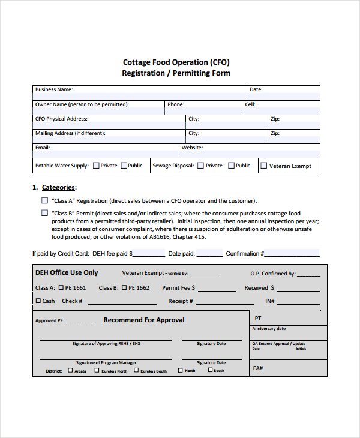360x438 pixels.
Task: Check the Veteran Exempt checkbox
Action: (x=263, y=166)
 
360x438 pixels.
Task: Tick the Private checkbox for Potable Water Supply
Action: (x=95, y=166)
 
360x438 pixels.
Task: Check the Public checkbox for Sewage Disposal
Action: (x=230, y=166)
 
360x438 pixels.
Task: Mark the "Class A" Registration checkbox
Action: (x=44, y=201)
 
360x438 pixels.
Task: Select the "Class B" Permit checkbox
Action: (x=44, y=213)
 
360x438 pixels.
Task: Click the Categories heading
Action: (x=58, y=187)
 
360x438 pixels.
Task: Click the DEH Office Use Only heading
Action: (x=67, y=273)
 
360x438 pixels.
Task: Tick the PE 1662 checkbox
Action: (x=124, y=288)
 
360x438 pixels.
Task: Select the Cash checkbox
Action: (x=38, y=301)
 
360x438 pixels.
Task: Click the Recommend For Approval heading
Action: (x=144, y=320)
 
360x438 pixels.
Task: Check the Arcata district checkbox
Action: (x=70, y=370)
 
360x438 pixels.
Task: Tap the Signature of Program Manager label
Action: (x=106, y=363)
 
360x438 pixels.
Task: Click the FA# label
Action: (x=258, y=368)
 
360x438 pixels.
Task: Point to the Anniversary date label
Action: (x=269, y=329)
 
